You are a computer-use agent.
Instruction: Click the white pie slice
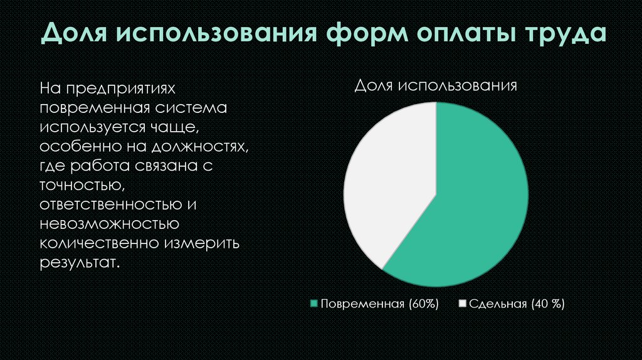point(389,182)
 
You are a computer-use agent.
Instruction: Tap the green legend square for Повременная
point(315,304)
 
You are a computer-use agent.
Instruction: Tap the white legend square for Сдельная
point(463,304)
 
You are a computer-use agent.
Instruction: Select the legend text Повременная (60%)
point(379,304)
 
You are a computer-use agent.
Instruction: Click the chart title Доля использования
point(436,86)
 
